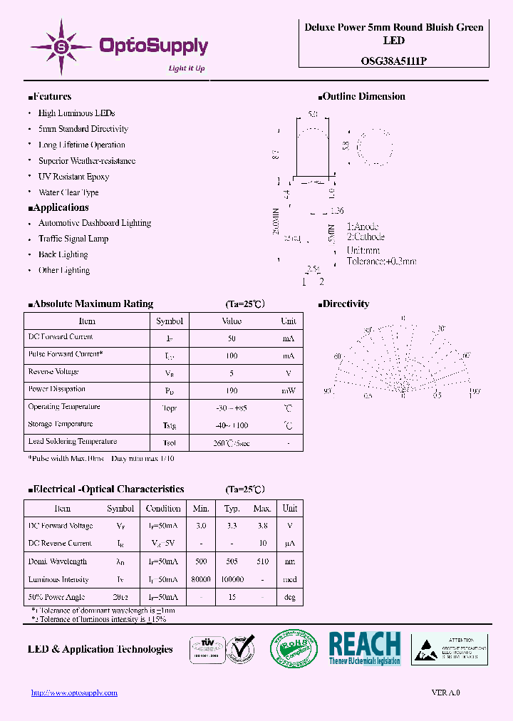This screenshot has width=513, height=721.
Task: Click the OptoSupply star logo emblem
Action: click(61, 47)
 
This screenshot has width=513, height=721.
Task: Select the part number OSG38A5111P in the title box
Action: click(393, 61)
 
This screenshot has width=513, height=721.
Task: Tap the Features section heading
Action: click(50, 97)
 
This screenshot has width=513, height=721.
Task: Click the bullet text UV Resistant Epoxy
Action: click(73, 177)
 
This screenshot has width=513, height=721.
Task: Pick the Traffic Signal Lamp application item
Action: click(73, 239)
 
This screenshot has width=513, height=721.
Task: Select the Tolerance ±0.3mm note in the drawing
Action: click(381, 261)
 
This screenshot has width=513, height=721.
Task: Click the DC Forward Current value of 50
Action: click(232, 338)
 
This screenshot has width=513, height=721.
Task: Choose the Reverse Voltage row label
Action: click(53, 372)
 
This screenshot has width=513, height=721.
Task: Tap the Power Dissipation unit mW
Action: click(288, 390)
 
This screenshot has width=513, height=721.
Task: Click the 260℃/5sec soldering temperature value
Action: click(232, 443)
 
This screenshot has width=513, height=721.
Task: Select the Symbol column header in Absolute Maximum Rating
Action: click(170, 321)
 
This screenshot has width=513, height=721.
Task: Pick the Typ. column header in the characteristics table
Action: click(232, 509)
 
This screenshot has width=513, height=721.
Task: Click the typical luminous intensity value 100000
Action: click(232, 580)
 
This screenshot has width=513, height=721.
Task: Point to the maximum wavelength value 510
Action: click(262, 562)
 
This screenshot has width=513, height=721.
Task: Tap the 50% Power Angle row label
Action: click(56, 597)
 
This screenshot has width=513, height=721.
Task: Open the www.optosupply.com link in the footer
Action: click(74, 693)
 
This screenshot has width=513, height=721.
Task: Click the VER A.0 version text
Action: click(446, 693)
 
